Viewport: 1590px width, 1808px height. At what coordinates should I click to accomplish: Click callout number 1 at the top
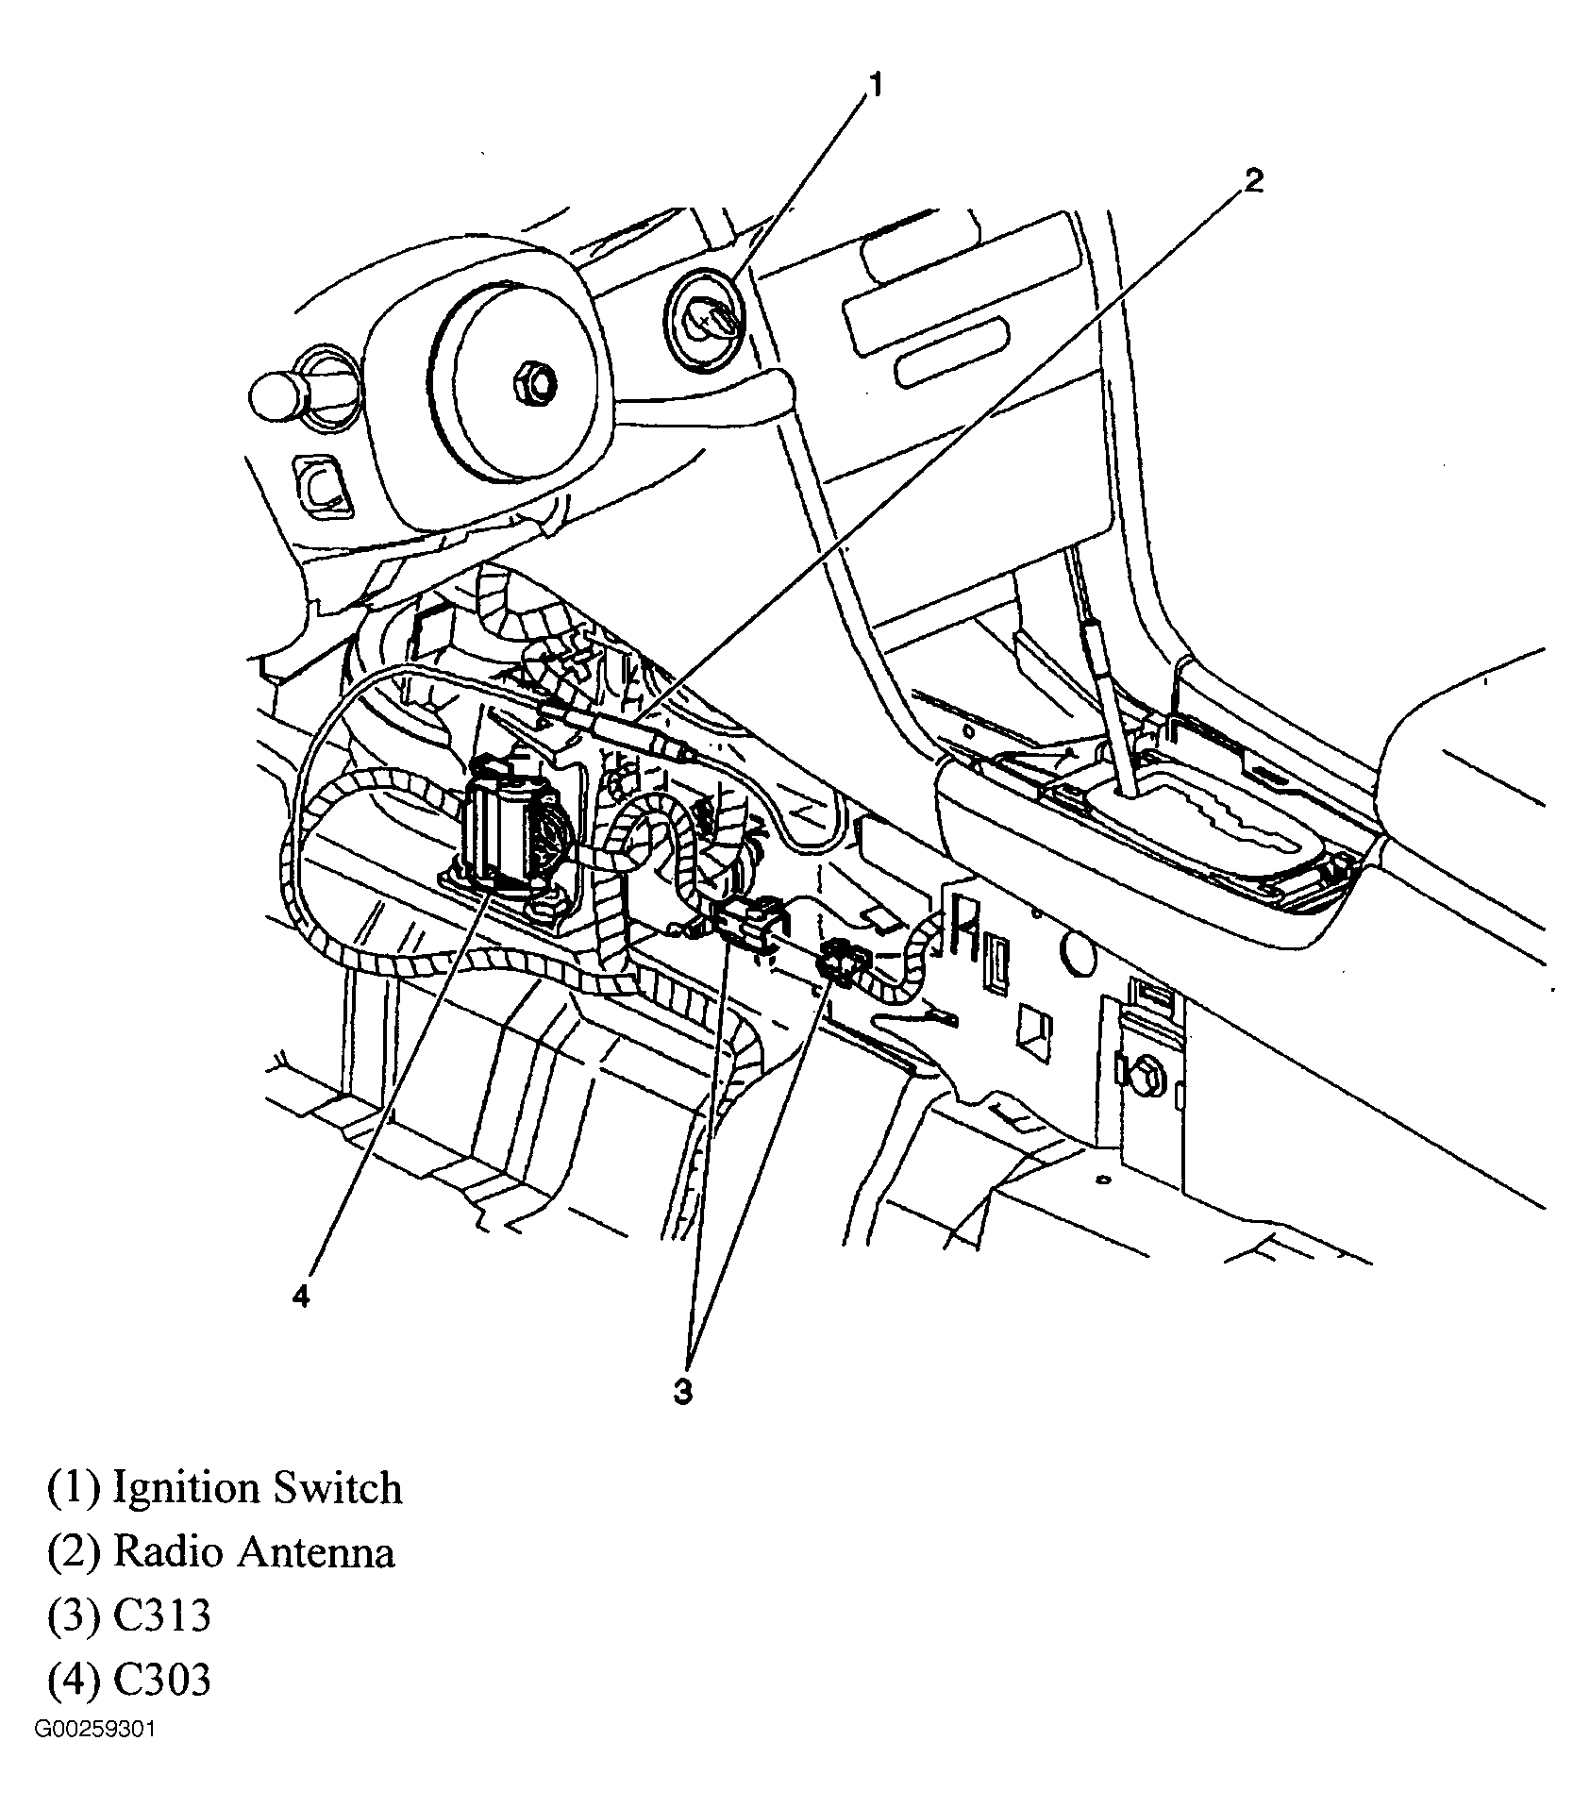click(874, 87)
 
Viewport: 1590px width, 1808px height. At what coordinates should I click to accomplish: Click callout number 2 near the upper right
click(1252, 180)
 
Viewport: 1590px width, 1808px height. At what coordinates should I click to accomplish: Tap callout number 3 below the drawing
click(682, 1390)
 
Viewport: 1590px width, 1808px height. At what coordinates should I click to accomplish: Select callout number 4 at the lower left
click(300, 1297)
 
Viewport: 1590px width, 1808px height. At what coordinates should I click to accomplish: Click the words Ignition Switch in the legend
click(257, 1488)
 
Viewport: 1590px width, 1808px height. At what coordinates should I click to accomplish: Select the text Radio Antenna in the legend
click(253, 1552)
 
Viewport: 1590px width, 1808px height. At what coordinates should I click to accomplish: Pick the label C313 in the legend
click(161, 1615)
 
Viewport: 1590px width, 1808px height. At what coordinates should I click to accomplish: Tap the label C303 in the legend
click(161, 1680)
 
